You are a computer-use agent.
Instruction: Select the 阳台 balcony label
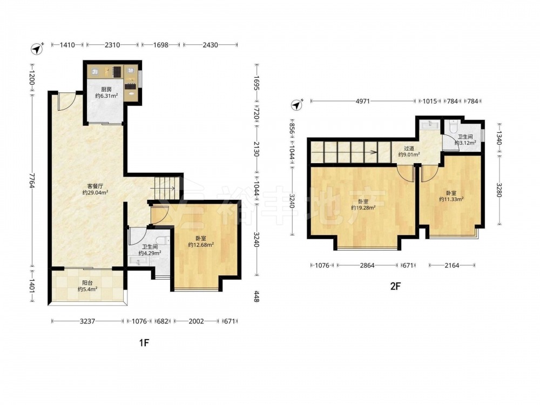pyautogui.click(x=87, y=283)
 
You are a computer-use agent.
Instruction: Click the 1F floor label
pyautogui.click(x=144, y=342)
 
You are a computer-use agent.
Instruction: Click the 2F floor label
pyautogui.click(x=396, y=286)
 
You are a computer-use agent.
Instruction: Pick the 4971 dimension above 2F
pyautogui.click(x=363, y=102)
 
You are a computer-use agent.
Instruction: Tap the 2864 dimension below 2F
pyautogui.click(x=367, y=266)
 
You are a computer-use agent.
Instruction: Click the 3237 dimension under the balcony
pyautogui.click(x=87, y=321)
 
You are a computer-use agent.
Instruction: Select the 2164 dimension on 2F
pyautogui.click(x=452, y=266)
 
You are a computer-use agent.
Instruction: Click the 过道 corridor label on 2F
pyautogui.click(x=409, y=148)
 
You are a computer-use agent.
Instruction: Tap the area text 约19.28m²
pyautogui.click(x=363, y=208)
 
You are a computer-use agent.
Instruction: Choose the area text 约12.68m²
pyautogui.click(x=201, y=245)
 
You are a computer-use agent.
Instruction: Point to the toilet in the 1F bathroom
pyautogui.click(x=163, y=240)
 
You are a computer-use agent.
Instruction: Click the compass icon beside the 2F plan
pyautogui.click(x=296, y=105)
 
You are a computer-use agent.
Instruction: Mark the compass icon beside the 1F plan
pyautogui.click(x=37, y=49)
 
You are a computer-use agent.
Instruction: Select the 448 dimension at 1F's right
pyautogui.click(x=256, y=296)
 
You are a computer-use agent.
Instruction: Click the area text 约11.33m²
pyautogui.click(x=451, y=199)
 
